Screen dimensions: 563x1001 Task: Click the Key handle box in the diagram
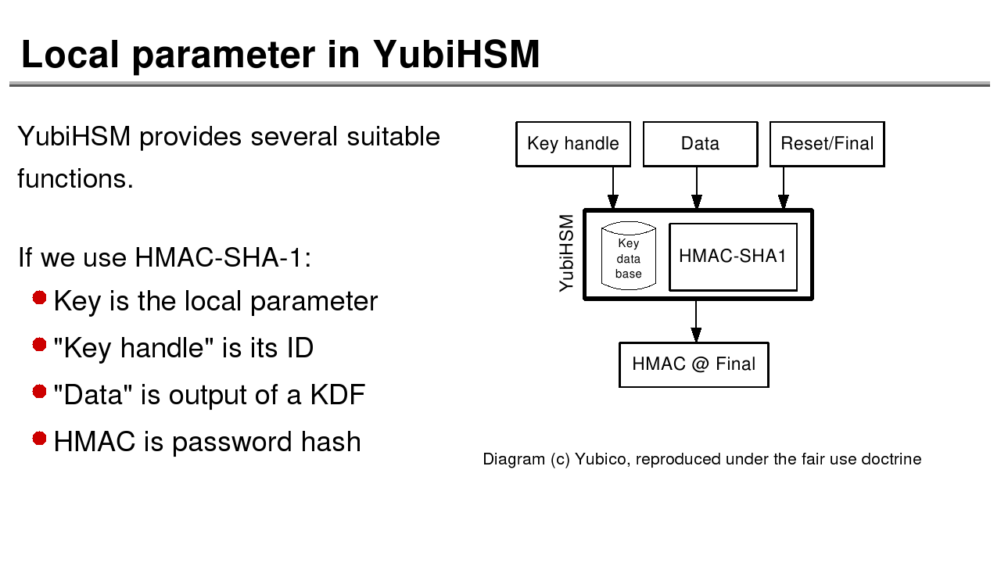point(573,144)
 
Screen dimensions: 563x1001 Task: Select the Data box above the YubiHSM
point(700,144)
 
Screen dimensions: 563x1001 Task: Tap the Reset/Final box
point(827,144)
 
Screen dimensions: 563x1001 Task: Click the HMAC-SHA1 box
point(733,256)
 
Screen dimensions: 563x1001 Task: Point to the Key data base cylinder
point(628,256)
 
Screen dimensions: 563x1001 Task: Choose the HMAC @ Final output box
point(694,364)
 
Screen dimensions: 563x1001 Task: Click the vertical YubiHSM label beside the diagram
point(567,253)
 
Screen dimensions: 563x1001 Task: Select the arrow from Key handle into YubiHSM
point(613,188)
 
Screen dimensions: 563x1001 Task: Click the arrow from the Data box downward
point(696,188)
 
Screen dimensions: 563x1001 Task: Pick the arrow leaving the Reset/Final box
point(783,188)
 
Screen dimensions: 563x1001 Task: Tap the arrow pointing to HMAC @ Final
point(695,321)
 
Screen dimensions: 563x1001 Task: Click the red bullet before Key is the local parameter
point(40,298)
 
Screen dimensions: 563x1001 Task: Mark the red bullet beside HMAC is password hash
point(40,439)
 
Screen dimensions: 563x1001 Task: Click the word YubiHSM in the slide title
point(456,55)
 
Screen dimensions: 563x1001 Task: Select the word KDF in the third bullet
point(337,395)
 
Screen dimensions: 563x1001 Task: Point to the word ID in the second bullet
point(300,348)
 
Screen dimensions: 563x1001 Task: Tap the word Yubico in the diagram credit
point(601,459)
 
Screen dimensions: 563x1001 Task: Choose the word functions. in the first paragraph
point(75,179)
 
